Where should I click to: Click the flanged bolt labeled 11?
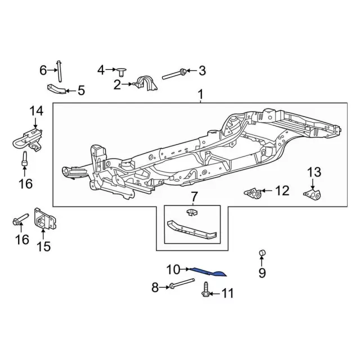(205, 292)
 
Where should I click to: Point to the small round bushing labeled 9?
(262, 253)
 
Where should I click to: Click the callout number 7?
(194, 196)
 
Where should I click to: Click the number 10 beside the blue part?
(172, 269)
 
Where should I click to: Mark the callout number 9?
(262, 274)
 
